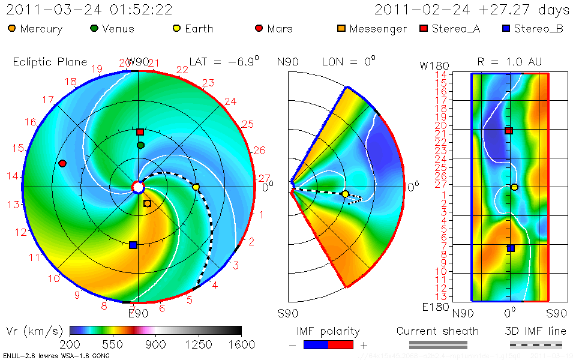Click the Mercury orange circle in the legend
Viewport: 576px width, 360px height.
(12, 29)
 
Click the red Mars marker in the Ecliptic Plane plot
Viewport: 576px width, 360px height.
(62, 163)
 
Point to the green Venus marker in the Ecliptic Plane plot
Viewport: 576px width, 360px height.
(140, 145)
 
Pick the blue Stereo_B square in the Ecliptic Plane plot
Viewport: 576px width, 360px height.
(133, 245)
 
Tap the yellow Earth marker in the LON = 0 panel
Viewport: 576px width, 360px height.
(346, 194)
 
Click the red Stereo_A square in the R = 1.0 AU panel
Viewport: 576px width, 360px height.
(509, 130)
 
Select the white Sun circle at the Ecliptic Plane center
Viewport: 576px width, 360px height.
(138, 188)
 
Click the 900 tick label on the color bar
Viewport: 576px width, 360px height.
(155, 344)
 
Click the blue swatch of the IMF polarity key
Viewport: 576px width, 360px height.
(316, 344)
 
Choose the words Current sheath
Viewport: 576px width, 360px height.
(437, 331)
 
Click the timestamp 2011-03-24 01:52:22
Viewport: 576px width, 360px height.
(89, 10)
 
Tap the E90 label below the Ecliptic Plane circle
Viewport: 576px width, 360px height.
(138, 312)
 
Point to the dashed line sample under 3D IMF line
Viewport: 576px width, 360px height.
(536, 344)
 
